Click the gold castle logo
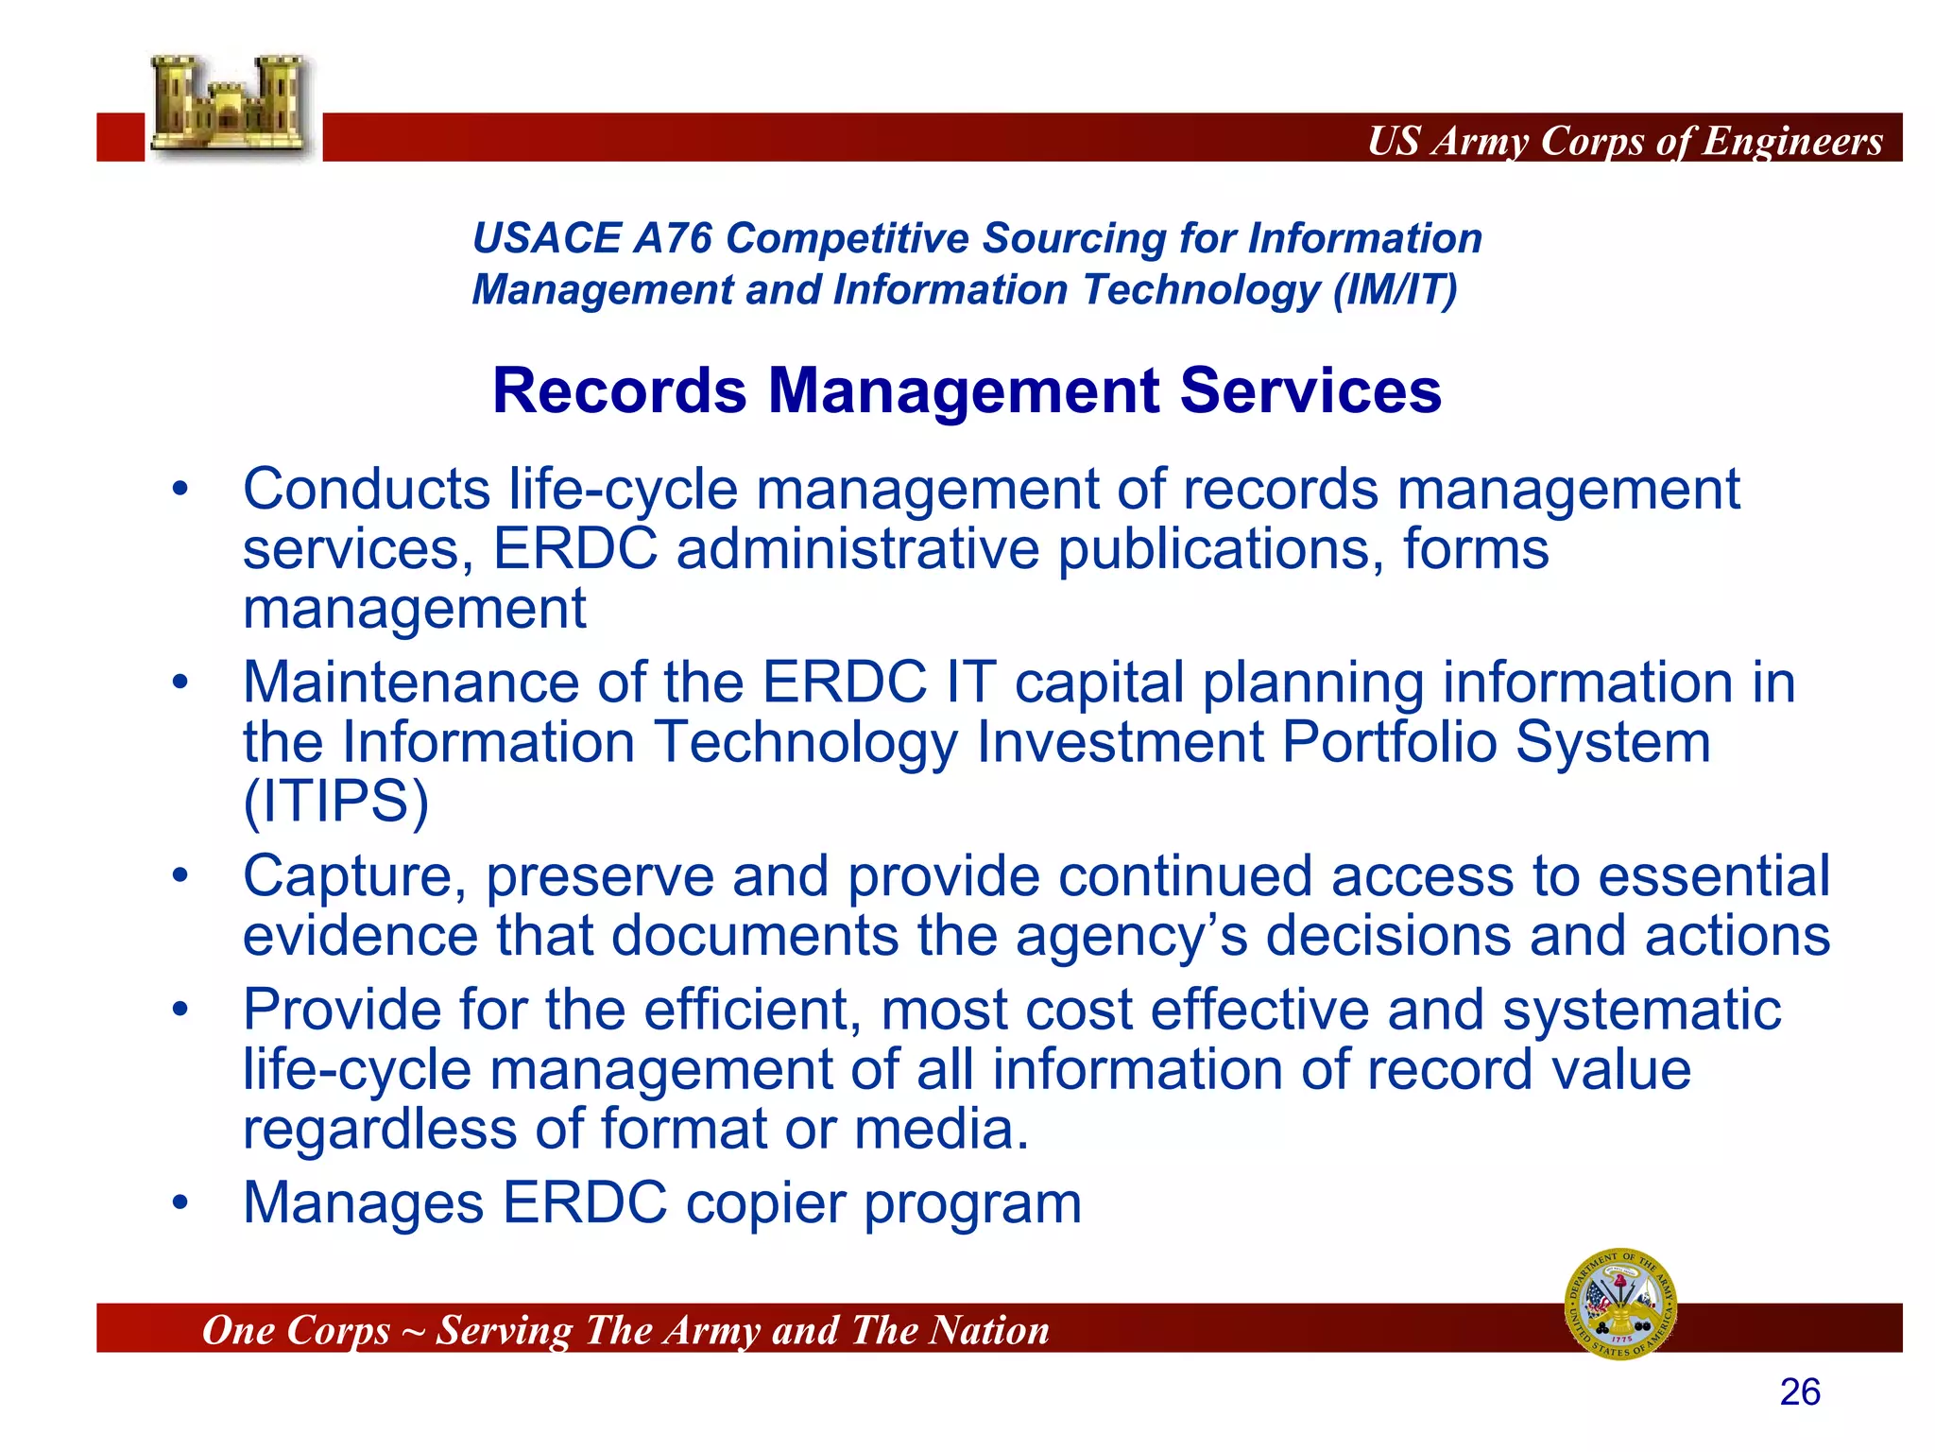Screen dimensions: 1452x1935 pyautogui.click(x=230, y=106)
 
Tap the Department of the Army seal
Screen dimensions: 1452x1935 pyautogui.click(x=1621, y=1305)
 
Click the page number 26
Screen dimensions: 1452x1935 pyautogui.click(x=1800, y=1392)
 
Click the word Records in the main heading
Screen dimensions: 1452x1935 pyautogui.click(x=619, y=390)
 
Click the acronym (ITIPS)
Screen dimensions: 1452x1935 pyautogui.click(x=336, y=802)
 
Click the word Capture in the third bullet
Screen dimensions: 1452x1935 pyautogui.click(x=354, y=876)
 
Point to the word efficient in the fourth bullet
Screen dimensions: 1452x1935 pyautogui.click(x=752, y=1010)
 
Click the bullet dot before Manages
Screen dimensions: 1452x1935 pyautogui.click(x=180, y=1204)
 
